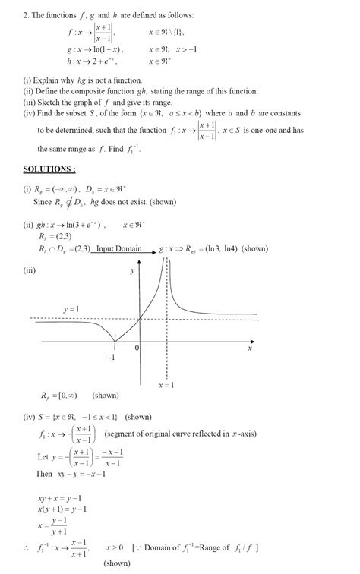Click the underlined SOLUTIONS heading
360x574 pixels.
pyautogui.click(x=49, y=169)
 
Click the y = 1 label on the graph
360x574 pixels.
pyautogui.click(x=71, y=310)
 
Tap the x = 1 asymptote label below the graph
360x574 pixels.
pyautogui.click(x=166, y=385)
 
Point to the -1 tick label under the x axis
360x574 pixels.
pyautogui.click(x=112, y=356)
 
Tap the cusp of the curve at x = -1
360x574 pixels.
pyautogui.click(x=114, y=341)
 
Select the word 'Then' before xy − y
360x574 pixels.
pyautogui.click(x=44, y=474)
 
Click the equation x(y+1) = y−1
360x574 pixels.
pyautogui.click(x=62, y=509)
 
